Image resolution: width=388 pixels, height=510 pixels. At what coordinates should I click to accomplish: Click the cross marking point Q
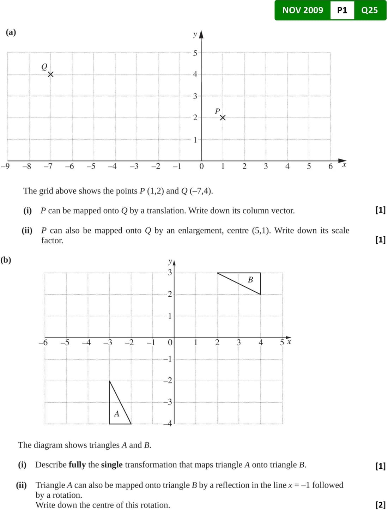[51, 74]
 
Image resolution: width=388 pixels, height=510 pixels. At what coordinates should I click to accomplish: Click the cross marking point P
[223, 117]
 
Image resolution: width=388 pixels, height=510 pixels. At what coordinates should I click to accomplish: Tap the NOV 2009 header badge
[303, 10]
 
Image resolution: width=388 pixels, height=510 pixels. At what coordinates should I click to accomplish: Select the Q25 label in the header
[369, 10]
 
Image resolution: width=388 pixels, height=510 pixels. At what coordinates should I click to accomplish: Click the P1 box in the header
[342, 10]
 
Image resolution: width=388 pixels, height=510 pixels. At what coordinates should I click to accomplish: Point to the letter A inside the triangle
[117, 414]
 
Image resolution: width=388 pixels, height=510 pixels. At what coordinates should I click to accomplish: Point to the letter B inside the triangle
[250, 280]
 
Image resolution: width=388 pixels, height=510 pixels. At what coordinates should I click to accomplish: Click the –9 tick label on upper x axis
[5, 166]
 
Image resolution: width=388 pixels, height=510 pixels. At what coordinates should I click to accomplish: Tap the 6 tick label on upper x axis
[331, 166]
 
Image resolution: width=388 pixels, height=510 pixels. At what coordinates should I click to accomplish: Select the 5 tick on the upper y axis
[195, 53]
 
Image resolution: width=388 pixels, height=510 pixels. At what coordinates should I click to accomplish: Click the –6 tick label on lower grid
[43, 342]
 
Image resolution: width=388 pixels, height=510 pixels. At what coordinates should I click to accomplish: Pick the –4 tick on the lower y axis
[168, 423]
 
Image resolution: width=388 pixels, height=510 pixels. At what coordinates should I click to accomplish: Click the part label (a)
[11, 32]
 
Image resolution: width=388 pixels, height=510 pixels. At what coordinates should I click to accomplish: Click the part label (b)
[6, 260]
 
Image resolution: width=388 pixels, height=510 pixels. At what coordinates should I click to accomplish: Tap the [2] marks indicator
[381, 505]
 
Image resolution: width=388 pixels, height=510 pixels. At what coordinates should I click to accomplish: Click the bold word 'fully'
[77, 465]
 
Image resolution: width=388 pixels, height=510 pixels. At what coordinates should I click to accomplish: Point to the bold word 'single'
[112, 465]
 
